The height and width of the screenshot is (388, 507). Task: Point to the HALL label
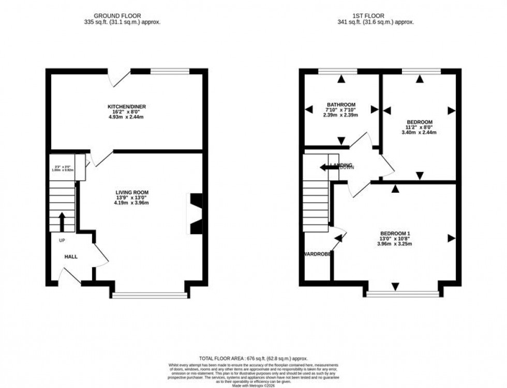tap(71, 257)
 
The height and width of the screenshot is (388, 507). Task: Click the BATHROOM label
tap(340, 103)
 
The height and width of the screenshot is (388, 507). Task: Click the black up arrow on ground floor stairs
tap(62, 221)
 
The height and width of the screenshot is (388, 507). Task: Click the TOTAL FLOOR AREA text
tap(253, 358)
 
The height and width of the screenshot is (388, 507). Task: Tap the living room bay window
tap(150, 295)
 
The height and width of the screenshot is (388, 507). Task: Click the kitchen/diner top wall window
tap(170, 71)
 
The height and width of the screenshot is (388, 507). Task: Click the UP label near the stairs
tap(62, 241)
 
